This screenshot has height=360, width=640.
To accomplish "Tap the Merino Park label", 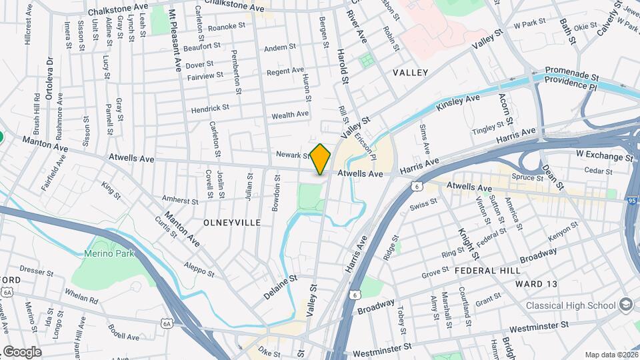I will point(109,253).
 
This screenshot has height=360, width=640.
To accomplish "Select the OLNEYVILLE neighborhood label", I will point(232,221).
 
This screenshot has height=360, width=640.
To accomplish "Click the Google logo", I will point(22,351).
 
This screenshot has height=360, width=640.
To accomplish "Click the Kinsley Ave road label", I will point(458,103).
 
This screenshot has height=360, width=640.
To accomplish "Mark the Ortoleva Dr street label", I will point(49,76).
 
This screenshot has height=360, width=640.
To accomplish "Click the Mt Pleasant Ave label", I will point(175,41).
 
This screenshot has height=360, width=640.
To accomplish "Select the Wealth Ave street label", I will point(290,115).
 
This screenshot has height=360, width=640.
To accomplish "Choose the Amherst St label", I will point(181,200).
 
